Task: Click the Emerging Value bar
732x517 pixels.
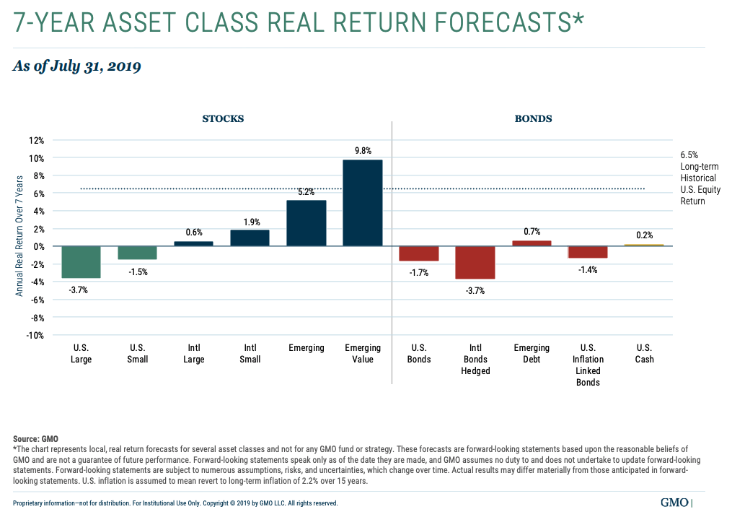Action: (363, 203)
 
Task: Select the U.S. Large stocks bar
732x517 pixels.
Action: (81, 262)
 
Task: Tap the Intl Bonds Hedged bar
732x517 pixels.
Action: (475, 262)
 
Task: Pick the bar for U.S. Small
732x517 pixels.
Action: (137, 253)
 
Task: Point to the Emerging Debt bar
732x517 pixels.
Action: (532, 243)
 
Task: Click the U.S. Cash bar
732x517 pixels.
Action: (644, 246)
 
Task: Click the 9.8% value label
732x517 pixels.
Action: (363, 151)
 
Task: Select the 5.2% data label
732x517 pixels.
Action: (307, 192)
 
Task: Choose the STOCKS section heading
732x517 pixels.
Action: (222, 118)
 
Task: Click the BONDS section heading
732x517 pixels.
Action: (534, 118)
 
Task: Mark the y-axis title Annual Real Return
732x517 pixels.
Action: (19, 235)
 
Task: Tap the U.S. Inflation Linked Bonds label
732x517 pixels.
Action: (588, 365)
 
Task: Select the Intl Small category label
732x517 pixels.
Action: (250, 354)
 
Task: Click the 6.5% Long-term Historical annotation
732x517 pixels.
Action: (698, 178)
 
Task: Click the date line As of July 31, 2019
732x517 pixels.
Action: (77, 66)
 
